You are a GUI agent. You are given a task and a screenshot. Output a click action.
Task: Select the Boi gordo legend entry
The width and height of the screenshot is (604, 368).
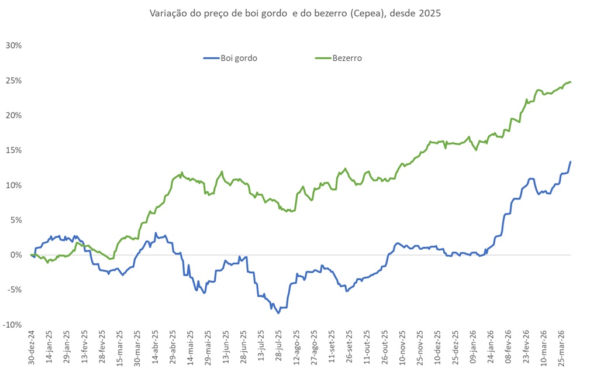[x=230, y=58]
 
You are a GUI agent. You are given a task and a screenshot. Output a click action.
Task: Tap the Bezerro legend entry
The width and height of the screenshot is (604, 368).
[x=339, y=58]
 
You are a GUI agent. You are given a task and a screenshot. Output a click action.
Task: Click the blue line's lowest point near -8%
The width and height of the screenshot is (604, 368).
[x=278, y=313]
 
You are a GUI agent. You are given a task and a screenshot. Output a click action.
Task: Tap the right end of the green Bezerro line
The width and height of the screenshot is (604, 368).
[x=570, y=82]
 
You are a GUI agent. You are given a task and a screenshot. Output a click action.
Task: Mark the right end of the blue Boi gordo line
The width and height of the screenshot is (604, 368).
[x=570, y=161]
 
